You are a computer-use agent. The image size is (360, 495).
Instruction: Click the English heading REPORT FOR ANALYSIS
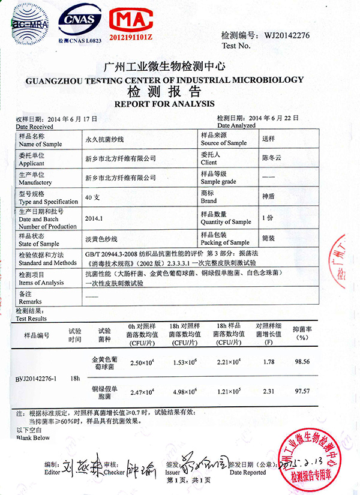coord(164,103)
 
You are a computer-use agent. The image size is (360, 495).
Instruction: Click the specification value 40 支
coord(93,197)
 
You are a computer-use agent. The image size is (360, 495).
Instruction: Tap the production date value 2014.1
coord(95,218)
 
